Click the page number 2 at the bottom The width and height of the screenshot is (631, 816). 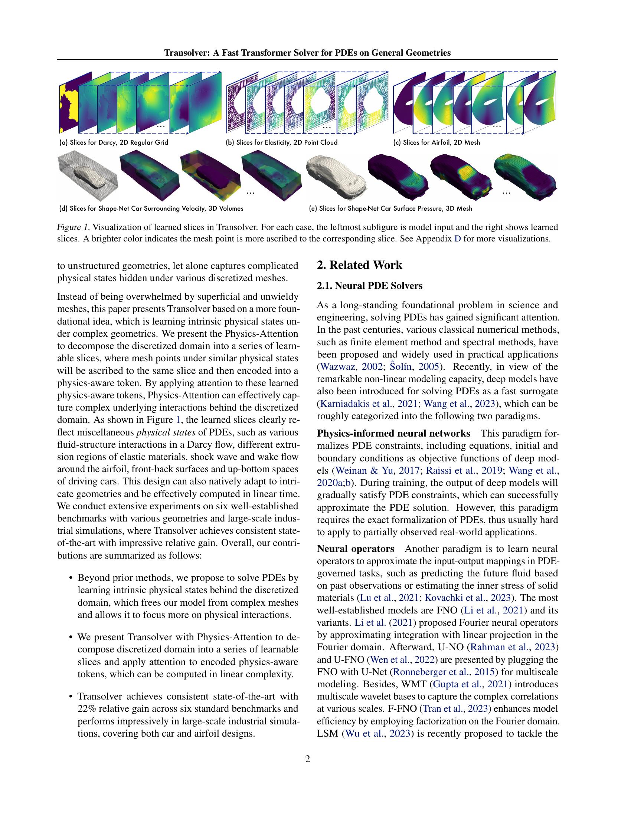308,759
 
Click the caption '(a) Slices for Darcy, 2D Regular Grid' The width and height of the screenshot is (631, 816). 114,142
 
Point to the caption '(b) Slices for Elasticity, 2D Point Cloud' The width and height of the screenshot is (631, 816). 282,142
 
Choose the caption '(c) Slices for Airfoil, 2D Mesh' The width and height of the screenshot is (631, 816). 436,142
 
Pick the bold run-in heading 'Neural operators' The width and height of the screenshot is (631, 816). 355,549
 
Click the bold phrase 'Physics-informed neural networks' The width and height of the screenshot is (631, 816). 393,433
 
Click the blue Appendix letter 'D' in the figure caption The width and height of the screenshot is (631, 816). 457,239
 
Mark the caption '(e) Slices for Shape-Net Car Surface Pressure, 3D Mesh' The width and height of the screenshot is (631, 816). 390,208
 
